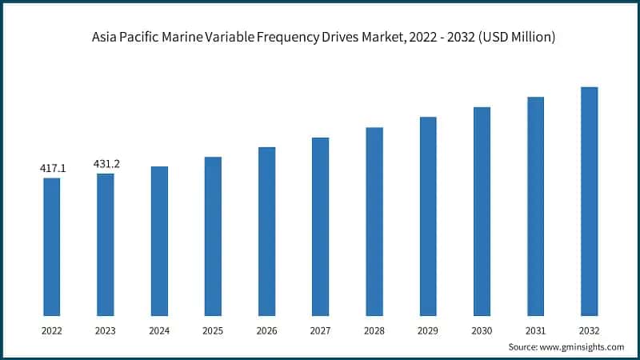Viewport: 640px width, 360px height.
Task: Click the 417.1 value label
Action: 53,169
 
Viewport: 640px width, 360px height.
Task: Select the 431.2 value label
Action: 106,164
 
